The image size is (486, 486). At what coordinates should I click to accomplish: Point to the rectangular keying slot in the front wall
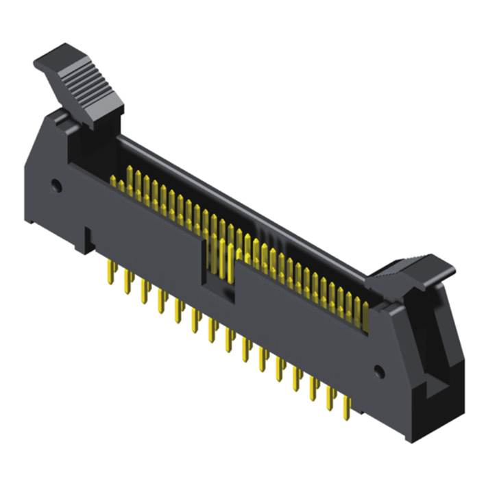point(218,271)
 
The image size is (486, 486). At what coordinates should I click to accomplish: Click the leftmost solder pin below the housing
point(110,274)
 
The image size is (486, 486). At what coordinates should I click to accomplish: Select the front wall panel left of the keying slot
point(137,219)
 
